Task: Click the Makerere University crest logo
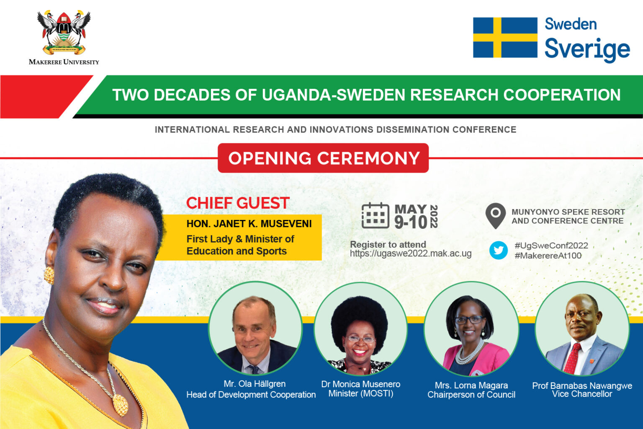click(64, 32)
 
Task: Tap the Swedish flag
click(505, 37)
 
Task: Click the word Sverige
click(587, 49)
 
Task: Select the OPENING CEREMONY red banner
click(323, 158)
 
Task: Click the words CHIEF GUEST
click(238, 203)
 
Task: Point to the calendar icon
click(376, 215)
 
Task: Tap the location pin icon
click(496, 216)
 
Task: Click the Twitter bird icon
click(498, 250)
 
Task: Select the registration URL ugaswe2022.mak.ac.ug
click(411, 254)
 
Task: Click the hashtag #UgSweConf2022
click(551, 246)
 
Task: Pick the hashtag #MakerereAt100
click(548, 256)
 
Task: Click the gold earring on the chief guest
click(49, 275)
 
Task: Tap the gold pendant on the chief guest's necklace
click(121, 405)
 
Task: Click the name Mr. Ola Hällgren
click(255, 384)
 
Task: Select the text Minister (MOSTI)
click(361, 393)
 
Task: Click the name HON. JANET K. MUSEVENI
click(249, 224)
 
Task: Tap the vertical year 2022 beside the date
click(434, 216)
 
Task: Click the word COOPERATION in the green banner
click(562, 95)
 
